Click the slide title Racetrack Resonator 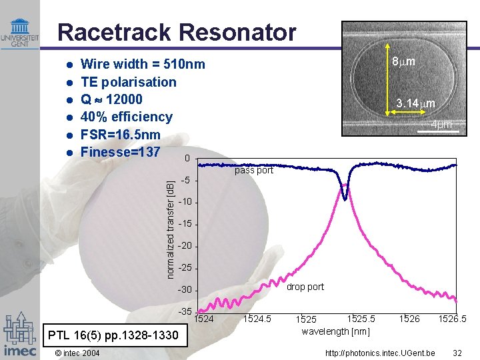coord(177,32)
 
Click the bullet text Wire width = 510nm coord(142,65)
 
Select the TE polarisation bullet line coord(128,82)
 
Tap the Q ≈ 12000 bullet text coord(111,99)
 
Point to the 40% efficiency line coord(126,117)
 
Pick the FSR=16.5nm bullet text coord(120,134)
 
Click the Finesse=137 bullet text coord(120,151)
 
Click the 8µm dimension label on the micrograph coord(403,61)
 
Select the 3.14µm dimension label coord(415,103)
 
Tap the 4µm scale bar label coord(441,125)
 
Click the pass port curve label coord(253,171)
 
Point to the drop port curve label coord(305,287)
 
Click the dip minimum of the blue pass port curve coord(345,198)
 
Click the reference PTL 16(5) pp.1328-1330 coord(110,335)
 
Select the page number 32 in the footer coord(457,352)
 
